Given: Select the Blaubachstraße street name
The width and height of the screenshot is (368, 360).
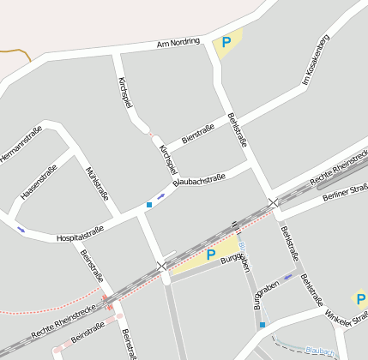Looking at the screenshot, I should coord(199,177).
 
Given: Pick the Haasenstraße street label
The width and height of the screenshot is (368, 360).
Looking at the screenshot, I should coord(39,183).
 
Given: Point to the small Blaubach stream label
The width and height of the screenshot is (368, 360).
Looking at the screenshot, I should coord(319,350).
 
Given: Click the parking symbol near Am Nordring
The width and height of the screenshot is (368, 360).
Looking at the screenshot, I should coord(226,42).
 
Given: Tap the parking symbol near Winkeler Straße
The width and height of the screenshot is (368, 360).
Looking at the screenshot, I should coord(360,299).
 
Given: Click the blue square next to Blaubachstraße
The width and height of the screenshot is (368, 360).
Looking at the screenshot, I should coord(149,205).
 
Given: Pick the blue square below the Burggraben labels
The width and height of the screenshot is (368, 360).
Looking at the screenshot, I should coord(262,325).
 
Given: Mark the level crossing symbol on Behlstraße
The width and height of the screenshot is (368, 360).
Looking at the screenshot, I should coord(273,203).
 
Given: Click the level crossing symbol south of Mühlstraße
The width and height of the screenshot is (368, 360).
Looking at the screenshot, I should coord(162,266).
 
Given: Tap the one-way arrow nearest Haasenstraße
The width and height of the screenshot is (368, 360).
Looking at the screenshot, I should coord(21,230).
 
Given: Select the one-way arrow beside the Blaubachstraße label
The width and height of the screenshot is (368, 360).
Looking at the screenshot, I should coord(161,196).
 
